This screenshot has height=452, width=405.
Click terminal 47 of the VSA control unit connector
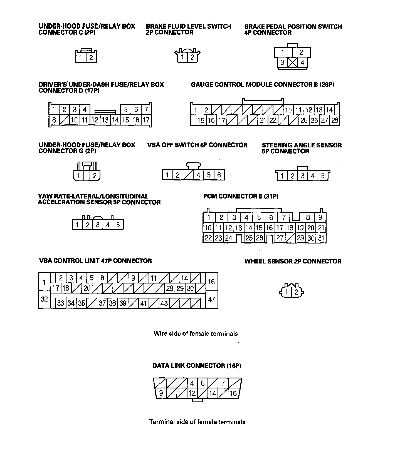(211, 300)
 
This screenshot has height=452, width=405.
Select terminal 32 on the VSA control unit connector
(44, 299)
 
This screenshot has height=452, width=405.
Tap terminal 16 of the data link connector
(233, 393)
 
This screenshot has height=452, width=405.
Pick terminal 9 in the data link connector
(161, 393)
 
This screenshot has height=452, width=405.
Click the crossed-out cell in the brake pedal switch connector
(292, 62)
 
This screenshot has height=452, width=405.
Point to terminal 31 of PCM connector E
(321, 238)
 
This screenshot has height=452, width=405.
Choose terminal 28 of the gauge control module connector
(335, 120)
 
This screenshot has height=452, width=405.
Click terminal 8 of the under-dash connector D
(54, 120)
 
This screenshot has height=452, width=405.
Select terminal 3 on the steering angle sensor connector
(302, 176)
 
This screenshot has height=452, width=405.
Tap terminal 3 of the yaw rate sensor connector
(98, 225)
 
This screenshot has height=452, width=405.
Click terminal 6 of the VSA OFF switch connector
(219, 175)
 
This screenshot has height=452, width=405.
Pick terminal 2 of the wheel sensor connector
(296, 292)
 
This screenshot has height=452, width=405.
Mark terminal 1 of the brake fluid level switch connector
(182, 57)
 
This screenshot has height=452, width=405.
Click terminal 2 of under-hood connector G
(95, 175)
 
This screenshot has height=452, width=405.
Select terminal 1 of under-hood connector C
(81, 58)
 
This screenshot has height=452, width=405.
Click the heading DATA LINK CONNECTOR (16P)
(197, 366)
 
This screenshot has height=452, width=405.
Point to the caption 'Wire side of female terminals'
(196, 333)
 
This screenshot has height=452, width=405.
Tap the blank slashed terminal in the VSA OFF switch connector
(188, 175)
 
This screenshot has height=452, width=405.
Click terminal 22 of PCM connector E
(208, 238)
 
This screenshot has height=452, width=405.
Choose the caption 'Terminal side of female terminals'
(197, 422)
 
